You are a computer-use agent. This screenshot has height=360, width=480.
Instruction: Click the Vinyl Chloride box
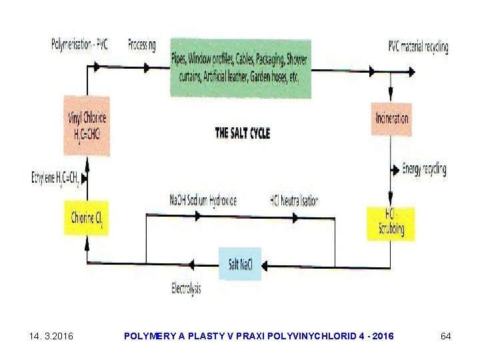[87, 125]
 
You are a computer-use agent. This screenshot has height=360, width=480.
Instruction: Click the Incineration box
[391, 119]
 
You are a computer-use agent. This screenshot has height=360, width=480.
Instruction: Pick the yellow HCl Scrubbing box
[390, 223]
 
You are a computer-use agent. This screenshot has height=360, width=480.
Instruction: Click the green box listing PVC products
[239, 67]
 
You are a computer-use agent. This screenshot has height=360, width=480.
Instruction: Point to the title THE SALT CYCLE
[242, 133]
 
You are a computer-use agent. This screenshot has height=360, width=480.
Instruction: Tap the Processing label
[141, 45]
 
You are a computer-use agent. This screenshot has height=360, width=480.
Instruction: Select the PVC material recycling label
[418, 47]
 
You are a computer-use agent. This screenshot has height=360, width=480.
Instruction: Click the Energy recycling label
[424, 169]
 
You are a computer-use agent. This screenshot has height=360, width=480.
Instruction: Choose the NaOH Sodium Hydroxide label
[203, 200]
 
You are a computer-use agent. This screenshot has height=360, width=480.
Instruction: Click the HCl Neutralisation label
[294, 200]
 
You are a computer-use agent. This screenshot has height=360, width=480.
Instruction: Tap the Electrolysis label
[186, 289]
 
